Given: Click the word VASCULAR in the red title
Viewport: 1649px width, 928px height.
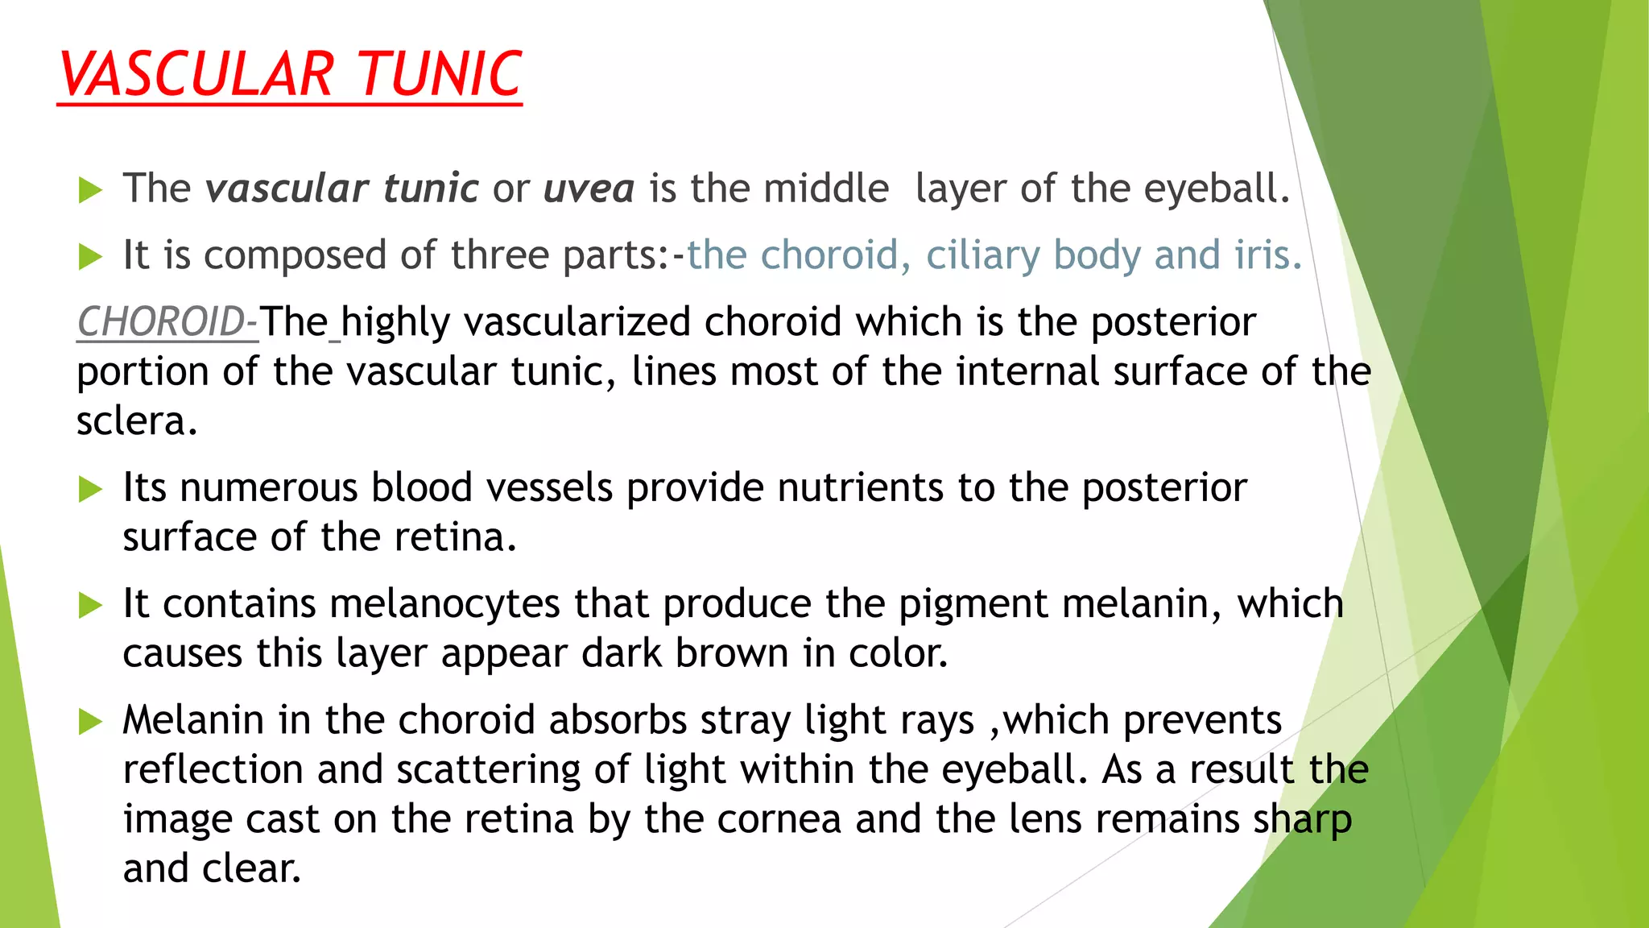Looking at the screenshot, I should coord(196,75).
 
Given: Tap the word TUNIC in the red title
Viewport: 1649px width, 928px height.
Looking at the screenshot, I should coord(440,75).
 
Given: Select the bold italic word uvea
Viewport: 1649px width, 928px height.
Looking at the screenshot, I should coord(589,188).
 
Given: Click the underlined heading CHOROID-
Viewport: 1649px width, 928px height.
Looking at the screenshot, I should coord(167,322).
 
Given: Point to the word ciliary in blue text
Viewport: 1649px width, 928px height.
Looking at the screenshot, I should coord(983,255).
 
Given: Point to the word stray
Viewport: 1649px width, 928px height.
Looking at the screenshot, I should coord(746,720).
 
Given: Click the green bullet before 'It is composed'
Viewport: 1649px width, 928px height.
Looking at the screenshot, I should coord(90,258).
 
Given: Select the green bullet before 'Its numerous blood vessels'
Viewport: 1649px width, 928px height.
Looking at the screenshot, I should coord(90,490).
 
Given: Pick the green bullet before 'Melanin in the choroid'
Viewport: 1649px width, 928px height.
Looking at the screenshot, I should coord(90,722).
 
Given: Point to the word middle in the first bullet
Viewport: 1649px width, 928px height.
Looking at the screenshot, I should coord(826,188).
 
